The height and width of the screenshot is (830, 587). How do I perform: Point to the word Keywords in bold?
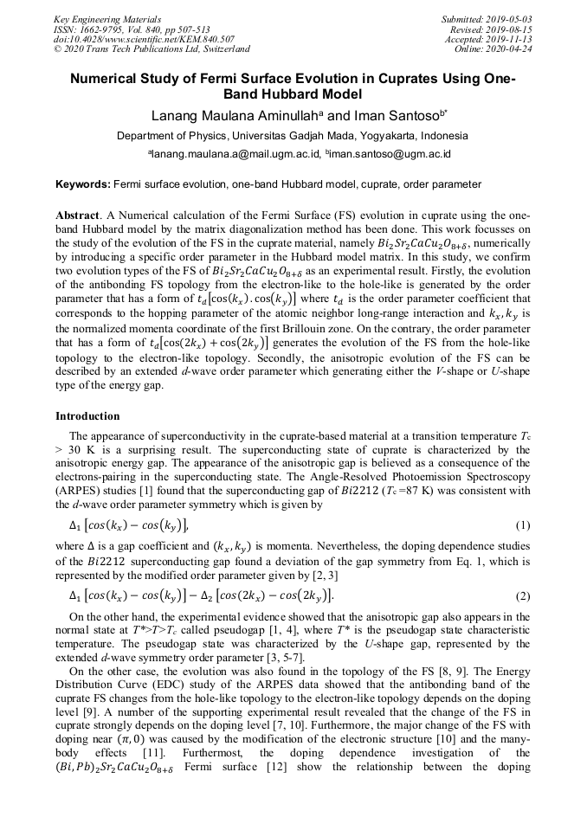82,184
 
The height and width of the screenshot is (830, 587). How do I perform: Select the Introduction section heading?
87,416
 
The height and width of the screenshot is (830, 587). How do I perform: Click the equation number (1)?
522,525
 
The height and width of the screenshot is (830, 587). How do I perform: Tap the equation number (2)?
522,596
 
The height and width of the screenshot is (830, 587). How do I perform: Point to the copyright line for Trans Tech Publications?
152,49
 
